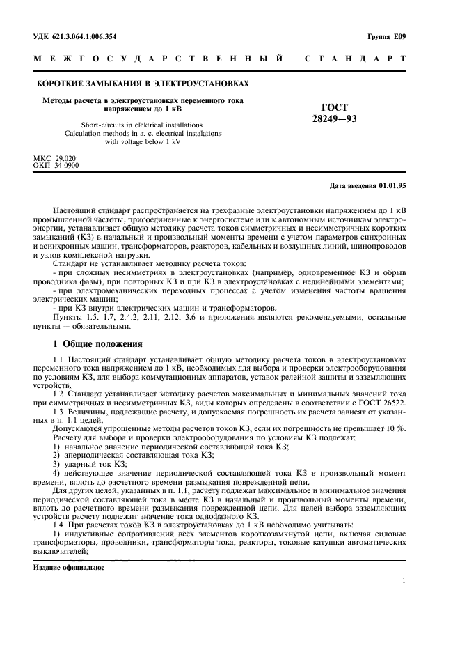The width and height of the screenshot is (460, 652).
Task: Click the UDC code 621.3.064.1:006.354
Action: click(86, 36)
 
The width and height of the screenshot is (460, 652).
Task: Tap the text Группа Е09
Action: click(387, 36)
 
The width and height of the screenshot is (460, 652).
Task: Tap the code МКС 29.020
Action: click(55, 159)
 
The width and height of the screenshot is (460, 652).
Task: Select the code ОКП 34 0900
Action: click(56, 166)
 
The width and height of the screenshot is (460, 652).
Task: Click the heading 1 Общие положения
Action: click(98, 343)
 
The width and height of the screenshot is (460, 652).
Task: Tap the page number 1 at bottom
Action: click(404, 580)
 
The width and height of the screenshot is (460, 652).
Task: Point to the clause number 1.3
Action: click(58, 411)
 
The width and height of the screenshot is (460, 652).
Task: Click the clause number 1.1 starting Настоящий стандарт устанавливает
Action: click(58, 357)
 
